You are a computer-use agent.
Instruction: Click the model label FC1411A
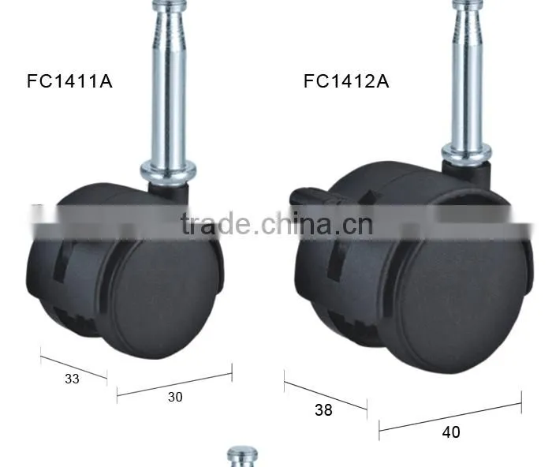[x=69, y=81]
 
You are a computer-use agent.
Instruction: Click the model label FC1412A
[x=346, y=81]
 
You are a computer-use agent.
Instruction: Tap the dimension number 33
[x=72, y=379]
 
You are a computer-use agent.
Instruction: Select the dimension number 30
[x=175, y=398]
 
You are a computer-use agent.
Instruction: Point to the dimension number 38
[x=323, y=410]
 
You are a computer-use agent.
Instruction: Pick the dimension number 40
[x=451, y=432]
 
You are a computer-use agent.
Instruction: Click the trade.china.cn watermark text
[x=277, y=224]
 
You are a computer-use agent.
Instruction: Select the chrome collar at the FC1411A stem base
[x=168, y=171]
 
